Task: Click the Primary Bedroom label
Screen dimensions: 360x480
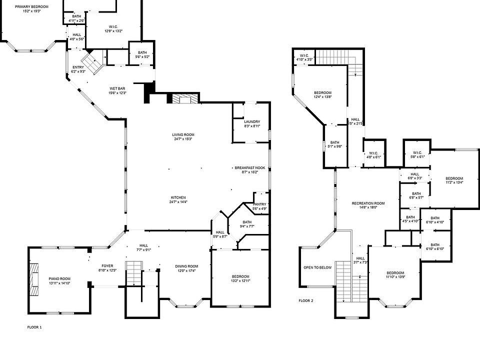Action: click(x=31, y=6)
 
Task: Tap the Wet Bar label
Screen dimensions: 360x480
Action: click(x=118, y=89)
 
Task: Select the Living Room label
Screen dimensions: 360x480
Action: click(x=183, y=134)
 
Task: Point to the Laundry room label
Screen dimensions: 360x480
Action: click(x=251, y=122)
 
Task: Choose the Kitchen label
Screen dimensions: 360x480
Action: click(x=178, y=197)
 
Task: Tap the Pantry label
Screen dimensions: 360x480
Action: click(x=260, y=204)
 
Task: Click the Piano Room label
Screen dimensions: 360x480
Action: click(x=59, y=278)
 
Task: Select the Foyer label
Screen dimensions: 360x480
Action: click(x=107, y=266)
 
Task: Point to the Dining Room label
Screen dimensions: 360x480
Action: click(x=186, y=266)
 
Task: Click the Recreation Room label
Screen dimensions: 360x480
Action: click(x=368, y=203)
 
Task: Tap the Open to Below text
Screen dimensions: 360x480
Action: click(x=317, y=267)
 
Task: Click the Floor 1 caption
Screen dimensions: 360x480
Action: click(x=34, y=327)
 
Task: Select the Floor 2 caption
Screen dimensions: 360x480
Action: click(x=305, y=301)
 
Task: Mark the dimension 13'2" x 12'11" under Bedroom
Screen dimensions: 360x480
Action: click(x=240, y=281)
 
